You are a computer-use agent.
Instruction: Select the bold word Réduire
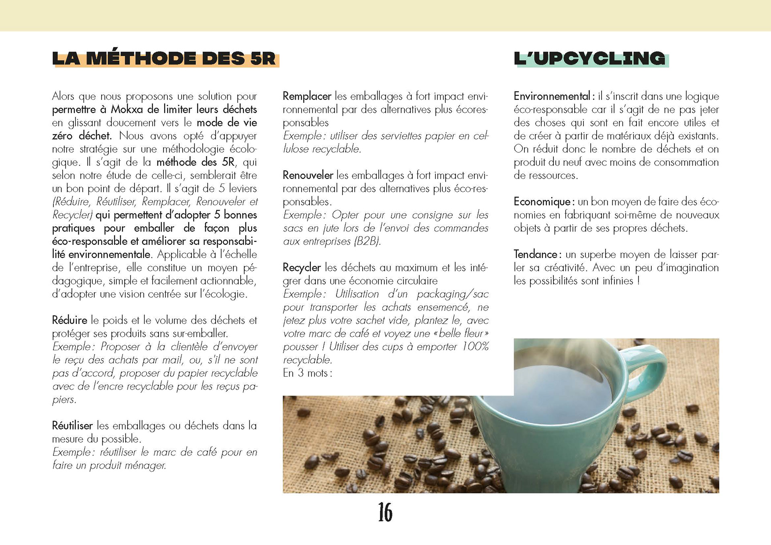(69, 320)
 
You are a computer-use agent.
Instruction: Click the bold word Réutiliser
(72, 425)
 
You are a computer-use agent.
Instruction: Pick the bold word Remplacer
(307, 96)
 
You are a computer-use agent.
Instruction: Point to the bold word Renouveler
(308, 175)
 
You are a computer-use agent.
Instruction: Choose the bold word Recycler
(302, 268)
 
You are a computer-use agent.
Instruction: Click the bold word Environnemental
(552, 96)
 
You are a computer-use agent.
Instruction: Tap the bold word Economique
(542, 202)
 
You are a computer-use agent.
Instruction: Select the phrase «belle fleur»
(460, 334)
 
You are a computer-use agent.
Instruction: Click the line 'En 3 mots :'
(307, 373)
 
